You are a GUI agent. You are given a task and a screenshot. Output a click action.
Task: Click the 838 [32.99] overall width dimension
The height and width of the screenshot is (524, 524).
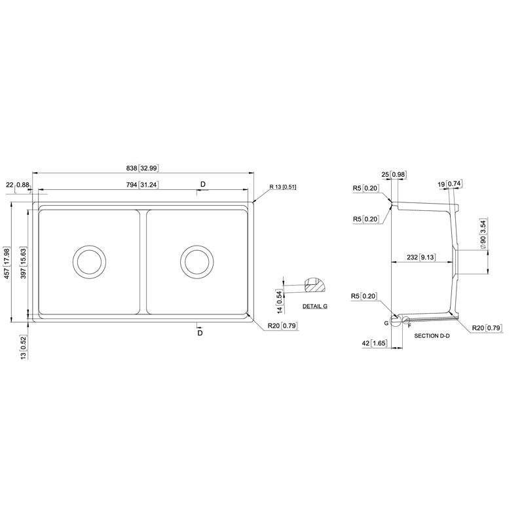[x=142, y=168]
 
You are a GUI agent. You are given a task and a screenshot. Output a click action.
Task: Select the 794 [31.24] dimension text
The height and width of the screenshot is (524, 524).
[x=142, y=185]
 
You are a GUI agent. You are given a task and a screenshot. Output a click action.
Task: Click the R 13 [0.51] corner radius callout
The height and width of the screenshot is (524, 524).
[x=283, y=187]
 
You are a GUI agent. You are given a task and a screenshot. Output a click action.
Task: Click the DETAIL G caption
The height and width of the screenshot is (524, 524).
[x=315, y=306]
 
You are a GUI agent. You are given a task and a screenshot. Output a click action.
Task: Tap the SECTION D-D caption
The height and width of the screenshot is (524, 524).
[x=432, y=335]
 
